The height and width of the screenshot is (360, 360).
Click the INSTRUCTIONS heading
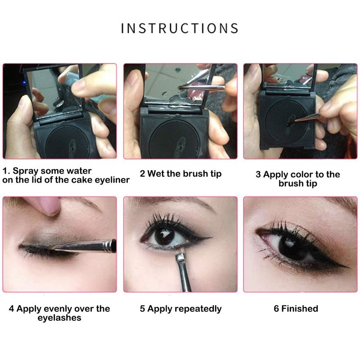pos(180,28)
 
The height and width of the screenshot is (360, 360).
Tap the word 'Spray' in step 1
pos(25,171)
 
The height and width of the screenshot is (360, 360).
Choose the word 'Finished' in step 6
pos(300,309)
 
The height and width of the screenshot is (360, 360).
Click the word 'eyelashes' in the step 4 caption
pos(59,318)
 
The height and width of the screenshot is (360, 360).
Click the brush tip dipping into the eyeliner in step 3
pos(290,122)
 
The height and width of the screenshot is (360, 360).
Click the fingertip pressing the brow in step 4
pos(48,206)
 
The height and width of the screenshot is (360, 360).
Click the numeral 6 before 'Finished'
pos(276,309)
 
